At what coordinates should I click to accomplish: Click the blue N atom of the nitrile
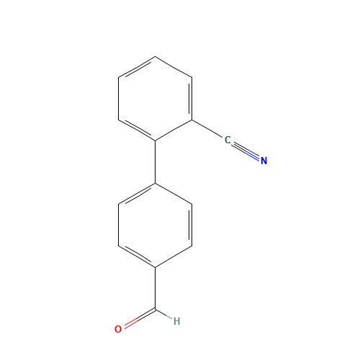coord(264,161)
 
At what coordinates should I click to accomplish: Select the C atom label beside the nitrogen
coord(228,140)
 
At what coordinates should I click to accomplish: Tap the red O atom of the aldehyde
coord(118,329)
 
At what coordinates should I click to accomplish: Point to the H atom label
coord(176,321)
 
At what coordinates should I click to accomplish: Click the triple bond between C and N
coord(246,150)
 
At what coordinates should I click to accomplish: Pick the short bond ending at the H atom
coord(164,315)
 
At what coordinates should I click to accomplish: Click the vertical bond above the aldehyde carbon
coord(156,288)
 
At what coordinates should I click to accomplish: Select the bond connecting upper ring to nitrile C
coord(210,130)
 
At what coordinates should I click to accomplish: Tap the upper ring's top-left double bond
coord(137,66)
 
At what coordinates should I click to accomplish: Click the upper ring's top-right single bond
coord(174,66)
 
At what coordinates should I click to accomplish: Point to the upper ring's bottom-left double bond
coord(137,130)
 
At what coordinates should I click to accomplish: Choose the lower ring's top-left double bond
coord(137,194)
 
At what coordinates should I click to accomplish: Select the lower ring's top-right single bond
coord(174,194)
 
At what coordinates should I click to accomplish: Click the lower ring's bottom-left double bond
coord(137,257)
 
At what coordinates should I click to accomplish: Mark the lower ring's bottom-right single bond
coord(174,257)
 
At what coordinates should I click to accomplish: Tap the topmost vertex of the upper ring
coord(156,56)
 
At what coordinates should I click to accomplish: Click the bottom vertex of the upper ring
coord(156,140)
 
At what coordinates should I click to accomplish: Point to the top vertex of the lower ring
coord(156,184)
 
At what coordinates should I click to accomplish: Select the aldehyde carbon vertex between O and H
coord(156,310)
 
